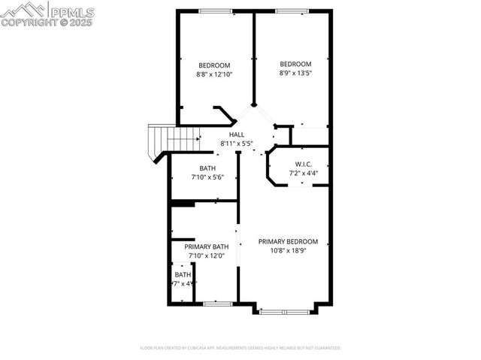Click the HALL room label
click(x=237, y=134)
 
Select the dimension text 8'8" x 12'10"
click(x=214, y=74)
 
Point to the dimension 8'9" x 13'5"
click(x=295, y=74)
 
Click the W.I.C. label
click(x=304, y=164)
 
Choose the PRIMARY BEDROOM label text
click(x=288, y=241)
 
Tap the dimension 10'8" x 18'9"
click(x=288, y=251)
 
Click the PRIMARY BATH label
click(x=207, y=247)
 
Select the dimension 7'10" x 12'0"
click(x=207, y=256)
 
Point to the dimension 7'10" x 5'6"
click(x=207, y=177)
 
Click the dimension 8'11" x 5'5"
click(x=237, y=143)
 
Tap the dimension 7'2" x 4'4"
click(x=304, y=173)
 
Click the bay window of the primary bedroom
click(x=284, y=310)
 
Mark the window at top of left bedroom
click(x=215, y=11)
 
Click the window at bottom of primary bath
click(x=217, y=304)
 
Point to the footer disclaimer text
click(x=240, y=348)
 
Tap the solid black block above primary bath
click(x=183, y=202)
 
